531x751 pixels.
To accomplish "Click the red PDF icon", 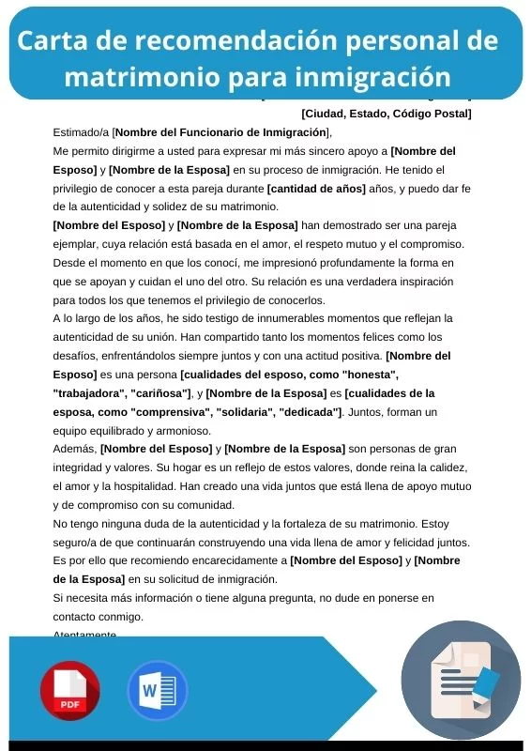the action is (69, 691).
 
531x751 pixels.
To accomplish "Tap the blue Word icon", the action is (158, 691).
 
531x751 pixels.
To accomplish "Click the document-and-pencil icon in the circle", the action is (461, 680).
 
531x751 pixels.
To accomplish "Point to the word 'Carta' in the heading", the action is (53, 41).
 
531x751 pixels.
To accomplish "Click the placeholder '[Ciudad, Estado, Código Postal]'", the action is (387, 115).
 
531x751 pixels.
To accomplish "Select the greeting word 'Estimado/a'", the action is (81, 132).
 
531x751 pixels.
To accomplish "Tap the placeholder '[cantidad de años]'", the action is (311, 188).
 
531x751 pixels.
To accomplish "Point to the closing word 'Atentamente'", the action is (85, 636).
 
